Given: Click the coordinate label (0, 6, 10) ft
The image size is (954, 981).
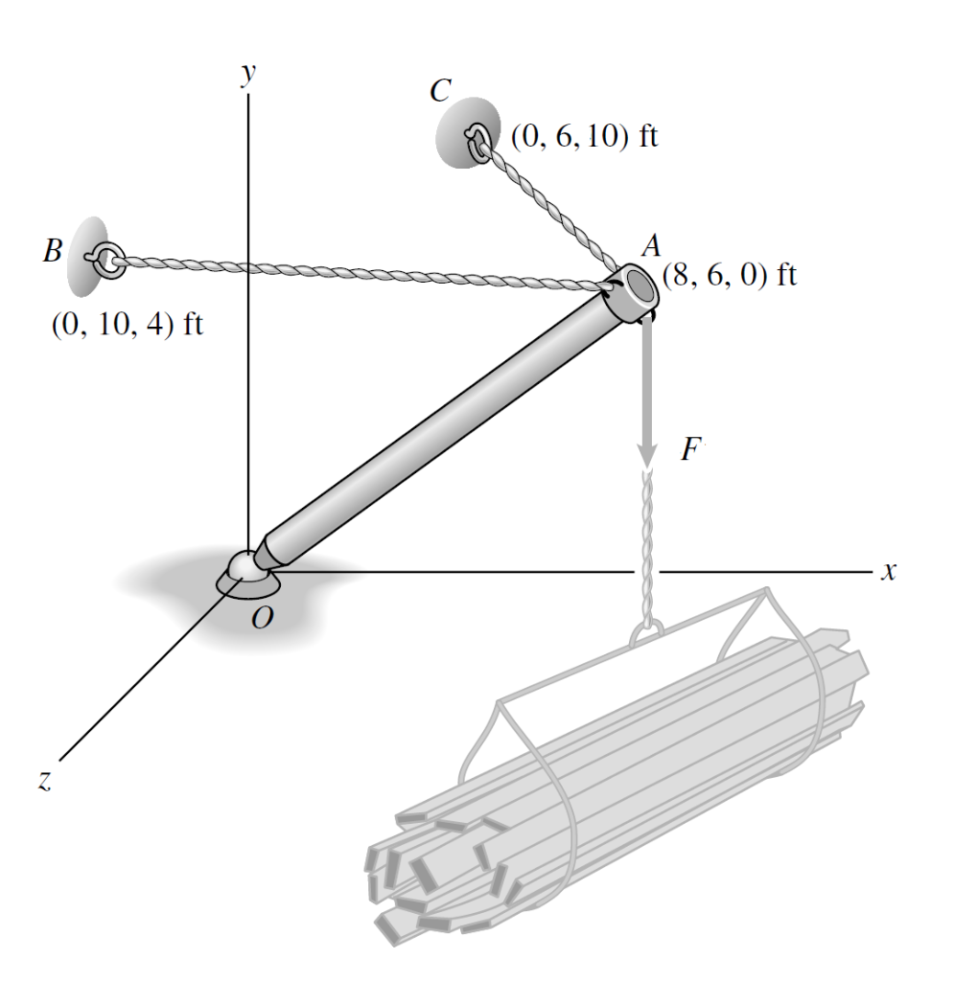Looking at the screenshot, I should coord(584,137).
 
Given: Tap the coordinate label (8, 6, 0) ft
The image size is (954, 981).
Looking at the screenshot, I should coord(729,275).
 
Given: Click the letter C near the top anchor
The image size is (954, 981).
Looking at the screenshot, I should coord(440,91).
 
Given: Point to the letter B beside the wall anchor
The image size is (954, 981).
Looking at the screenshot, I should coord(53,253).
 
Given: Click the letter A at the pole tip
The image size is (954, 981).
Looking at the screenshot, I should coord(651,246).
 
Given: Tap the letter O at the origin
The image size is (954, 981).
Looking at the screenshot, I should coord(263,618).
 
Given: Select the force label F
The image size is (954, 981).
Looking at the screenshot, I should coord(688,450).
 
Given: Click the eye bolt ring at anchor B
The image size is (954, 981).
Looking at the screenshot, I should coord(104,257).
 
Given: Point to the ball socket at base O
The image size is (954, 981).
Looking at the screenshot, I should coord(246,567).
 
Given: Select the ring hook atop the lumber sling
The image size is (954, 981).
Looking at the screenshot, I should coord(647,632).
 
